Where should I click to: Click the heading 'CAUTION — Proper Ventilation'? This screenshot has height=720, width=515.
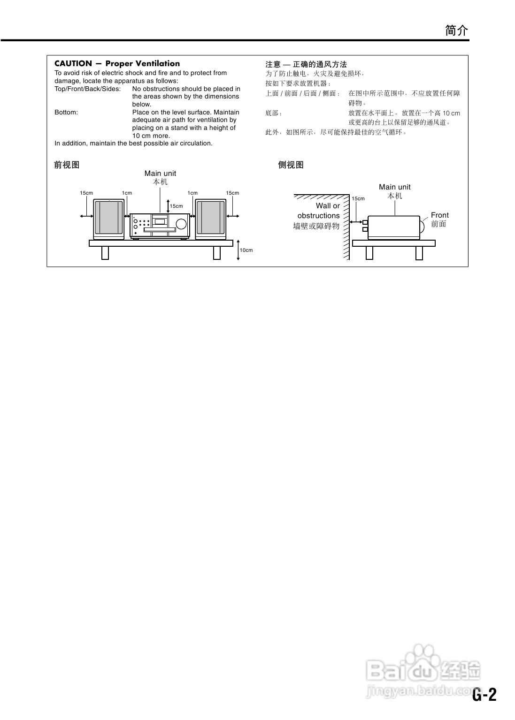[x=117, y=64]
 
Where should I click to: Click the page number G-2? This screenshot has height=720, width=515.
[x=484, y=695]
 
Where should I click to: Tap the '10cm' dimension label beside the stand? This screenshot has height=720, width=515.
[x=246, y=250]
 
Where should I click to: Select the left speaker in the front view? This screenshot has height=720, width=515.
[x=108, y=218]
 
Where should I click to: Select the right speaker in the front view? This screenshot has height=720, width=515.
[x=211, y=218]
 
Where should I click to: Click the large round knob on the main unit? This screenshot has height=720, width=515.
[x=181, y=225]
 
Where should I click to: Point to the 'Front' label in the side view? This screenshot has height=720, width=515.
[x=440, y=215]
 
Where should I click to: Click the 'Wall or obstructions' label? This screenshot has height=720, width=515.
[x=319, y=211]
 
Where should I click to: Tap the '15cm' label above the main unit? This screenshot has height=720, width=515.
[x=176, y=206]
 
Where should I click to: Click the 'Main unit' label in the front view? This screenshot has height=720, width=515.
[x=160, y=174]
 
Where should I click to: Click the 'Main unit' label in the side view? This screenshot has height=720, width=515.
[x=394, y=187]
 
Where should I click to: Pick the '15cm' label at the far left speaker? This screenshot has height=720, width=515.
[x=86, y=193]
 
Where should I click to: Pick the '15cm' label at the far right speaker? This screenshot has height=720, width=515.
[x=232, y=193]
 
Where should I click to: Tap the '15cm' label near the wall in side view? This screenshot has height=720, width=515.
[x=358, y=198]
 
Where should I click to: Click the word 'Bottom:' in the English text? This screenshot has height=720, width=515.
[x=66, y=112]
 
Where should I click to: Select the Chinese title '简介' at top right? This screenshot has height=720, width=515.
[x=456, y=31]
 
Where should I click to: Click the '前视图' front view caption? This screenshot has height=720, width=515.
[x=67, y=165]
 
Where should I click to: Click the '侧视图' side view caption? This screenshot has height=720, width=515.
[x=291, y=165]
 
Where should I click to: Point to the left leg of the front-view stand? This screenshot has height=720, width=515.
[x=105, y=253]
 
